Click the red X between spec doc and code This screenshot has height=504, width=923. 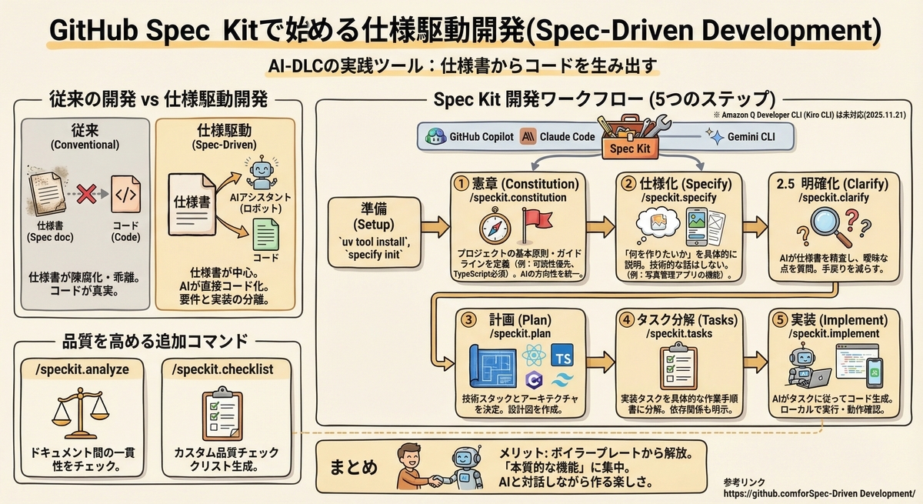(86, 194)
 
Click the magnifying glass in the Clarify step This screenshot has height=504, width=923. (830, 227)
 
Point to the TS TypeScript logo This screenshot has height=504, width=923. (562, 355)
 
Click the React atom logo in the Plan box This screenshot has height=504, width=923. (534, 355)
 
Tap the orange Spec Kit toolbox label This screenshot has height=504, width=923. (630, 149)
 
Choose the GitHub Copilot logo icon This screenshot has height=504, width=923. (435, 136)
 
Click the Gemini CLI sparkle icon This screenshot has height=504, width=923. (715, 136)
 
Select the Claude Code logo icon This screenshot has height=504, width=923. (528, 136)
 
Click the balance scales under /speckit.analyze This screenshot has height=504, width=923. (80, 413)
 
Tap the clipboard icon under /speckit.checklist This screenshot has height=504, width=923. (222, 414)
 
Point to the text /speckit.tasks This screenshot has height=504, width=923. (678, 333)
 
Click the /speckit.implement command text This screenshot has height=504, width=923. (834, 333)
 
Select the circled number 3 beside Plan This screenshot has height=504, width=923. (468, 320)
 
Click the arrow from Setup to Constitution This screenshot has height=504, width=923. (435, 227)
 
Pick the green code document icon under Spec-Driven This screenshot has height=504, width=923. (266, 234)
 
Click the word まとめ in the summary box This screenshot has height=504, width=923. (354, 468)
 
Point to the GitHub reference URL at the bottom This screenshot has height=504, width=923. (819, 494)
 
